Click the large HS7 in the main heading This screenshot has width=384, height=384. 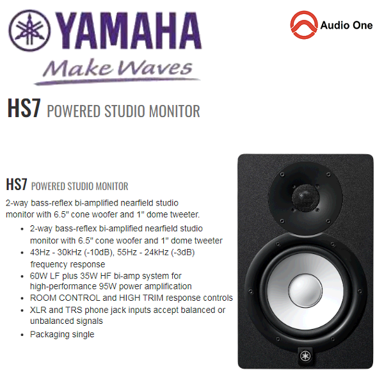point(24,108)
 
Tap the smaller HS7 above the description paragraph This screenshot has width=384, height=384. point(17,186)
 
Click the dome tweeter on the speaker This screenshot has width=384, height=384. point(303,194)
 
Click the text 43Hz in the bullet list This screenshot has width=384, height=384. point(42,252)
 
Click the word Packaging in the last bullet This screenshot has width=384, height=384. point(50,334)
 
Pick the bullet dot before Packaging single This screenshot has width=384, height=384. point(24,334)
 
